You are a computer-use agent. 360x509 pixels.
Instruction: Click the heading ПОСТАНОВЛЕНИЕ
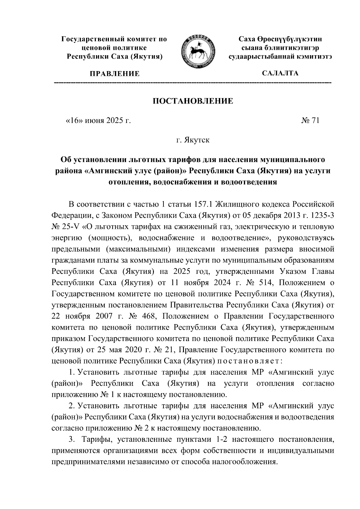193,101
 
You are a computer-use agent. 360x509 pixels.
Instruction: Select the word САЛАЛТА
280,73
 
